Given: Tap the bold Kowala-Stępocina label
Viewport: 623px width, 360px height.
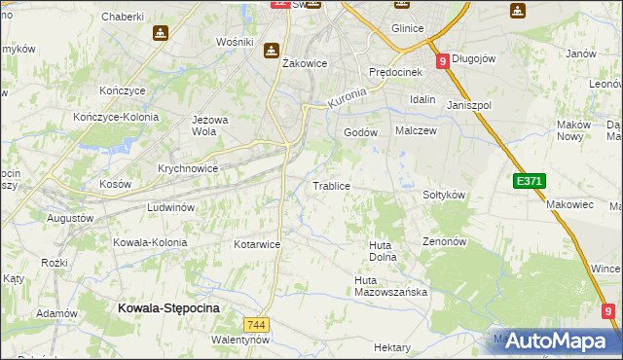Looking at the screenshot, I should click(168, 307).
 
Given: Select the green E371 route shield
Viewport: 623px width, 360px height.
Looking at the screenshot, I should click(530, 181).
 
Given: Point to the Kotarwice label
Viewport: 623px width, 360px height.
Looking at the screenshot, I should click(257, 244).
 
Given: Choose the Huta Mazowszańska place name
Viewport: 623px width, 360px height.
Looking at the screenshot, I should click(385, 286).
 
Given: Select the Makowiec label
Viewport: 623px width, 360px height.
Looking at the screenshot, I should click(569, 204).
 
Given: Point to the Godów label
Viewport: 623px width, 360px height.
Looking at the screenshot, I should click(360, 132).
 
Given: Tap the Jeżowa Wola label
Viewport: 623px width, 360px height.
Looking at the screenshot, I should click(203, 126).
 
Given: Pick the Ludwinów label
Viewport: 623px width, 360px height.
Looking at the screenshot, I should click(171, 207).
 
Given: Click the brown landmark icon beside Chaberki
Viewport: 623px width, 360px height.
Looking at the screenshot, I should click(159, 33).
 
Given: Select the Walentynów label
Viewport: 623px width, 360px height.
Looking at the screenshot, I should click(239, 340).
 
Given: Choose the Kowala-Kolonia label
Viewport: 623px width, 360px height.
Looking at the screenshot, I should click(147, 241).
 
